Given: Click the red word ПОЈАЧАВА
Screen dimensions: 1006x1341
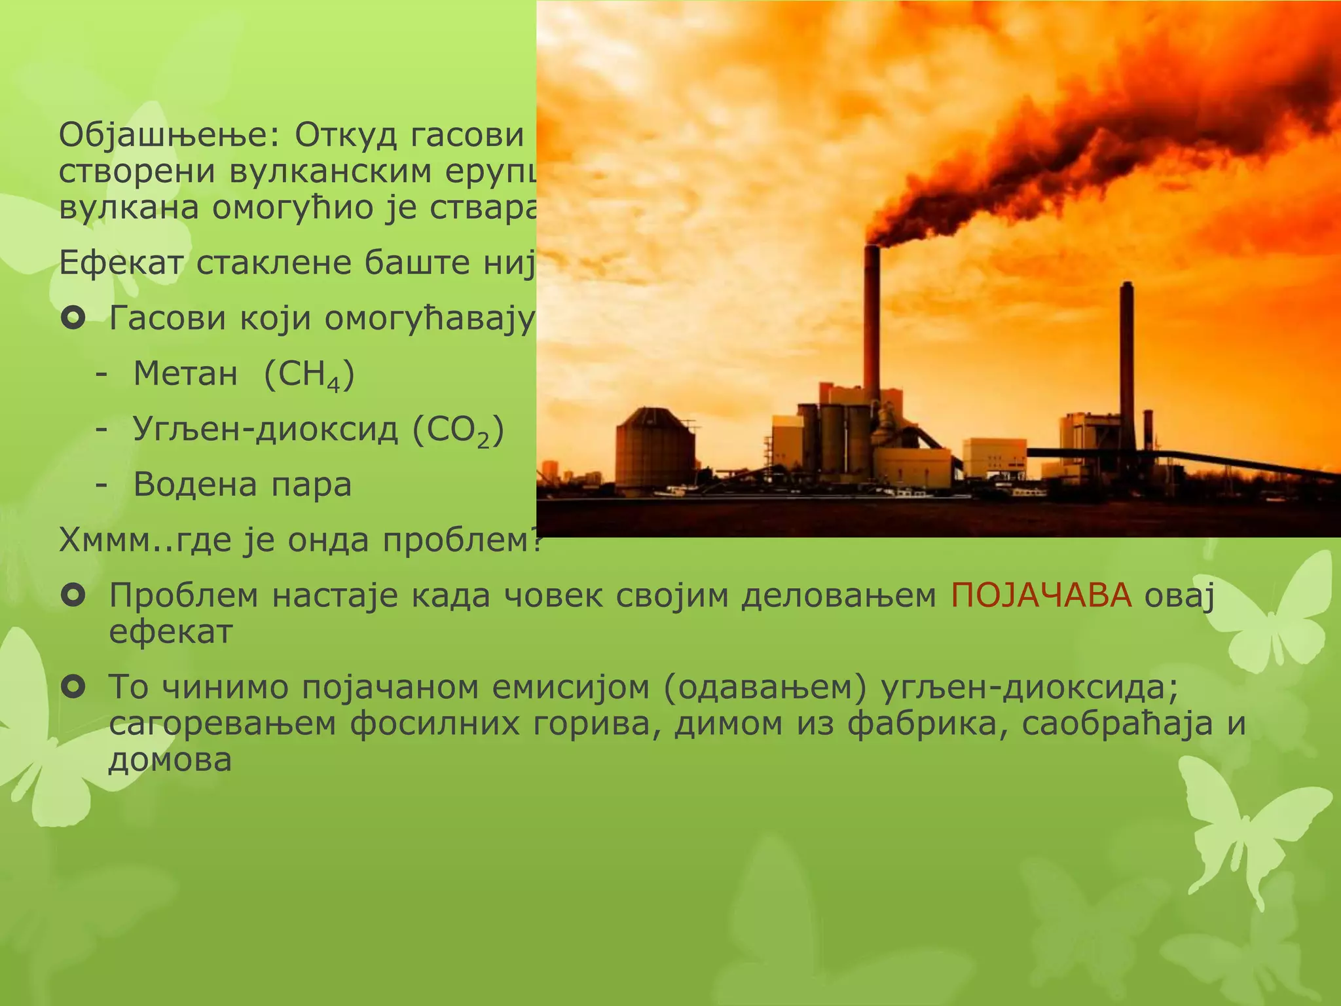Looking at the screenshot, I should point(1041,596).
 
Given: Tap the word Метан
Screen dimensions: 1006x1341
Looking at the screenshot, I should point(185,374).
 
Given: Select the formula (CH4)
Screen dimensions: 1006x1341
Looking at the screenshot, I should point(309,375).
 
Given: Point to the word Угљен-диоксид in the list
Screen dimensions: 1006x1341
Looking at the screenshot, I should point(265,430).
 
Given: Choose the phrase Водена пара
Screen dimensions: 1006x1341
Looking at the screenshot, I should point(242,485).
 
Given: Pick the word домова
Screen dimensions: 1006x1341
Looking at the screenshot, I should point(170,760).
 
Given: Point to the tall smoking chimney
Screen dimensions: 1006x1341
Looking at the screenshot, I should point(872,321).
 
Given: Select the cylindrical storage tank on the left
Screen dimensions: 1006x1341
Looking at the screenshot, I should point(655,452).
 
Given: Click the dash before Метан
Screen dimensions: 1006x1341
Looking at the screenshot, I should point(101,375).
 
